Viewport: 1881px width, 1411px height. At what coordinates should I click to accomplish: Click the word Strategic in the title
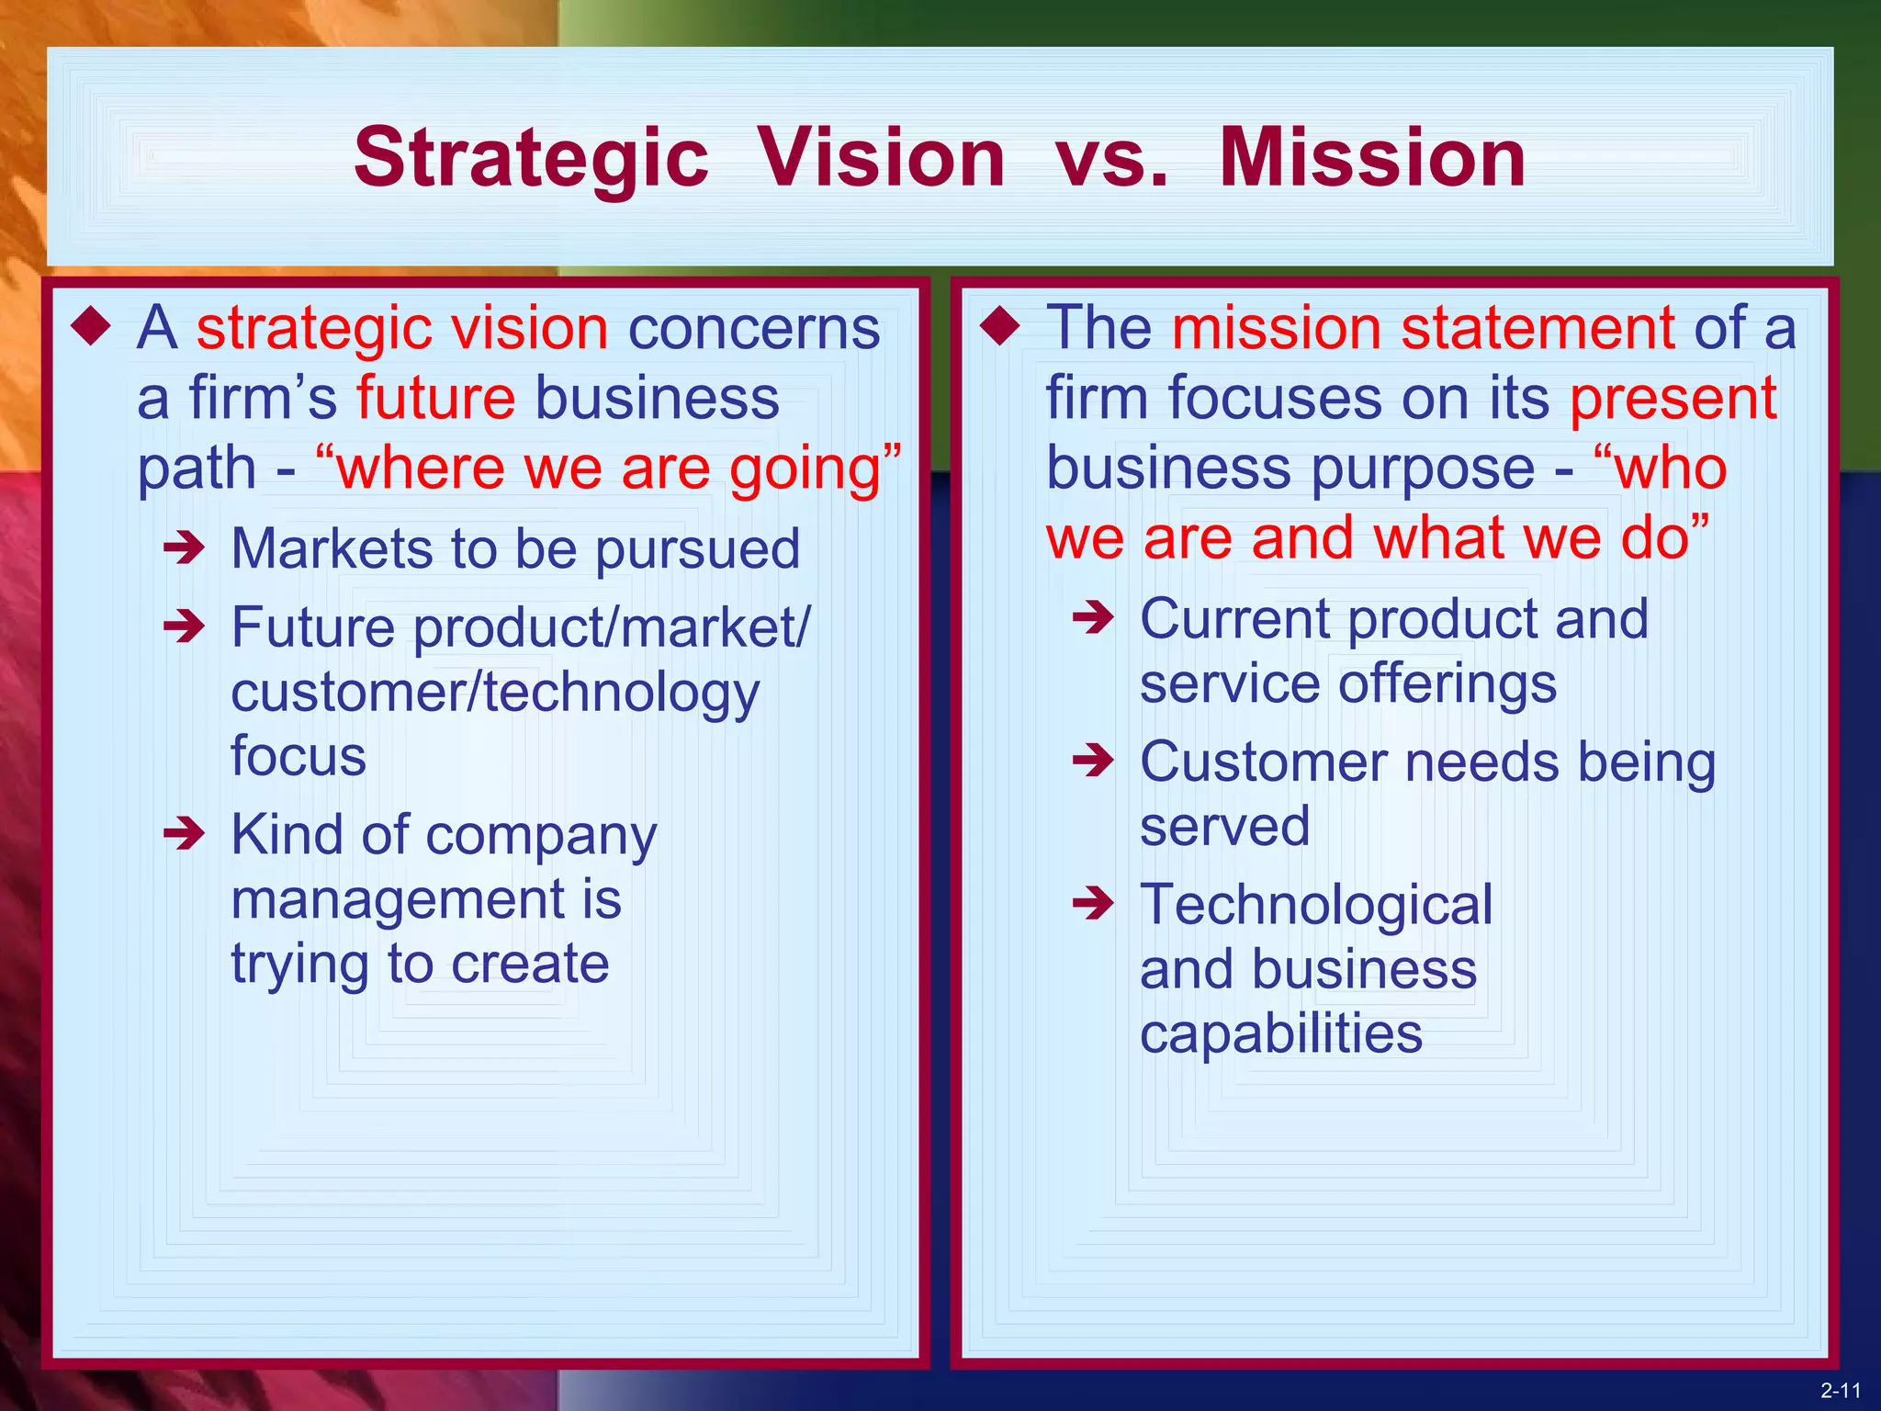531,158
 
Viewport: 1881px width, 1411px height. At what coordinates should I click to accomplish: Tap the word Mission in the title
1372,158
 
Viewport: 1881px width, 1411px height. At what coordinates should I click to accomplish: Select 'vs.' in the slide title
1112,160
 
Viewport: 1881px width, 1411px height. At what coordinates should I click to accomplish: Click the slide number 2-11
1841,1391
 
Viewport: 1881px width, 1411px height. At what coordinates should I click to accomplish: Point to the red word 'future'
435,398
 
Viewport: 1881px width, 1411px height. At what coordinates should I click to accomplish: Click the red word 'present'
1673,398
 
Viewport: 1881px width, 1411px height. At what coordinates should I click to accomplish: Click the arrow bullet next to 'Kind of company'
184,834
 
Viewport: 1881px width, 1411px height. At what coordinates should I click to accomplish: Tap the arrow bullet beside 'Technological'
1093,904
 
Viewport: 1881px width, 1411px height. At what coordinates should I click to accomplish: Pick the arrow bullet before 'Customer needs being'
1093,761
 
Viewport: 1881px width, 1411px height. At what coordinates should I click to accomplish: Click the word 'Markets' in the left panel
332,548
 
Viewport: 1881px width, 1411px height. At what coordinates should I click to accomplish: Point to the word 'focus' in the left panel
298,755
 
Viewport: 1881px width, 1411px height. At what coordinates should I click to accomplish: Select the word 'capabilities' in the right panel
1281,1033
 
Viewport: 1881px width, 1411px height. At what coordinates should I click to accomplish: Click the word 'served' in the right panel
1224,826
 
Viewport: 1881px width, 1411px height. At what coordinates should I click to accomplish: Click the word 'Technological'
1316,904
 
